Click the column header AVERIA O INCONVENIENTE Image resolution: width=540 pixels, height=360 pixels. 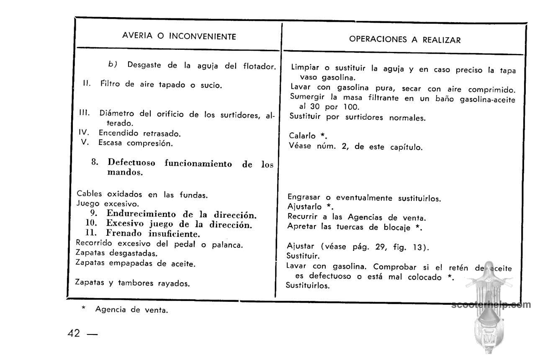tap(179, 36)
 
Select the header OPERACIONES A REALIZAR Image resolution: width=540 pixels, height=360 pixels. tap(405, 40)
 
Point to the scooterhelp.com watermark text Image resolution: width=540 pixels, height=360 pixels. tap(491, 305)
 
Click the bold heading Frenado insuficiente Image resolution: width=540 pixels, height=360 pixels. tap(152, 233)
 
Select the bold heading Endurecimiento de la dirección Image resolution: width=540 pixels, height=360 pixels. tap(181, 215)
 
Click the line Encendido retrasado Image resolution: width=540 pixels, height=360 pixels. tap(139, 134)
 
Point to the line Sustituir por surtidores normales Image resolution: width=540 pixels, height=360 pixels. tap(357, 117)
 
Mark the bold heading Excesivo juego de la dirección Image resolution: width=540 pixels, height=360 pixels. tap(179, 224)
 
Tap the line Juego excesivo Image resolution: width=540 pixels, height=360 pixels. tap(108, 204)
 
